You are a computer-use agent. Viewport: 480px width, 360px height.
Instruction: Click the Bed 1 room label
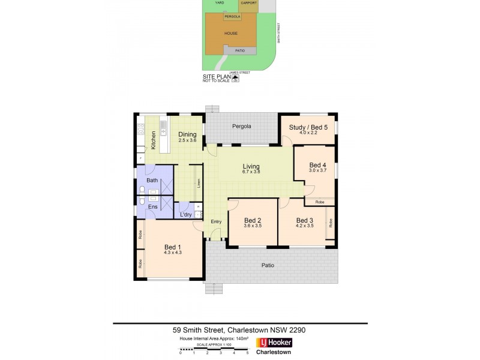pyautogui.click(x=172, y=247)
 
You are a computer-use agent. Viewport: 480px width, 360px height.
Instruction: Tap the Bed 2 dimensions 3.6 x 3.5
pyautogui.click(x=252, y=226)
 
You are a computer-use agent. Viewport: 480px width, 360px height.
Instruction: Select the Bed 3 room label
pyautogui.click(x=305, y=220)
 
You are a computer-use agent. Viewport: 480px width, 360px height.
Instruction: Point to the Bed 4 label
pyautogui.click(x=318, y=165)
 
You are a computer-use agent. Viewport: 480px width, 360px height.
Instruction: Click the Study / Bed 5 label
pyautogui.click(x=308, y=127)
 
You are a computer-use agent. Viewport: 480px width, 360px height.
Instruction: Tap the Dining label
pyautogui.click(x=187, y=134)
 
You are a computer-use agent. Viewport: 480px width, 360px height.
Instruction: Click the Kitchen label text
pyautogui.click(x=154, y=140)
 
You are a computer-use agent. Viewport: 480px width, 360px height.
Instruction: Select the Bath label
pyautogui.click(x=152, y=180)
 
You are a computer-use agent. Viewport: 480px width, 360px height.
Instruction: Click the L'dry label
pyautogui.click(x=186, y=215)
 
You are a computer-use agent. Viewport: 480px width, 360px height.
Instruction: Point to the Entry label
pyautogui.click(x=216, y=221)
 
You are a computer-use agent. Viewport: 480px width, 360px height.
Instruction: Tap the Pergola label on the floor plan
pyautogui.click(x=242, y=127)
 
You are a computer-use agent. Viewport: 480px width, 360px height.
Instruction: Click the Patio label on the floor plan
pyautogui.click(x=268, y=264)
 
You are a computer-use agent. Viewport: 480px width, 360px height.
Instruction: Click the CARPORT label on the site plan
pyautogui.click(x=248, y=3)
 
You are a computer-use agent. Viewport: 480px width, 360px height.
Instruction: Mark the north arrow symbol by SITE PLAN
pyautogui.click(x=236, y=77)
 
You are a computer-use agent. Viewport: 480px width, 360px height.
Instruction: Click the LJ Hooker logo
pyautogui.click(x=274, y=343)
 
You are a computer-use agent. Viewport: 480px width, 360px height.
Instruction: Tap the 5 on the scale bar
pyautogui.click(x=247, y=353)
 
